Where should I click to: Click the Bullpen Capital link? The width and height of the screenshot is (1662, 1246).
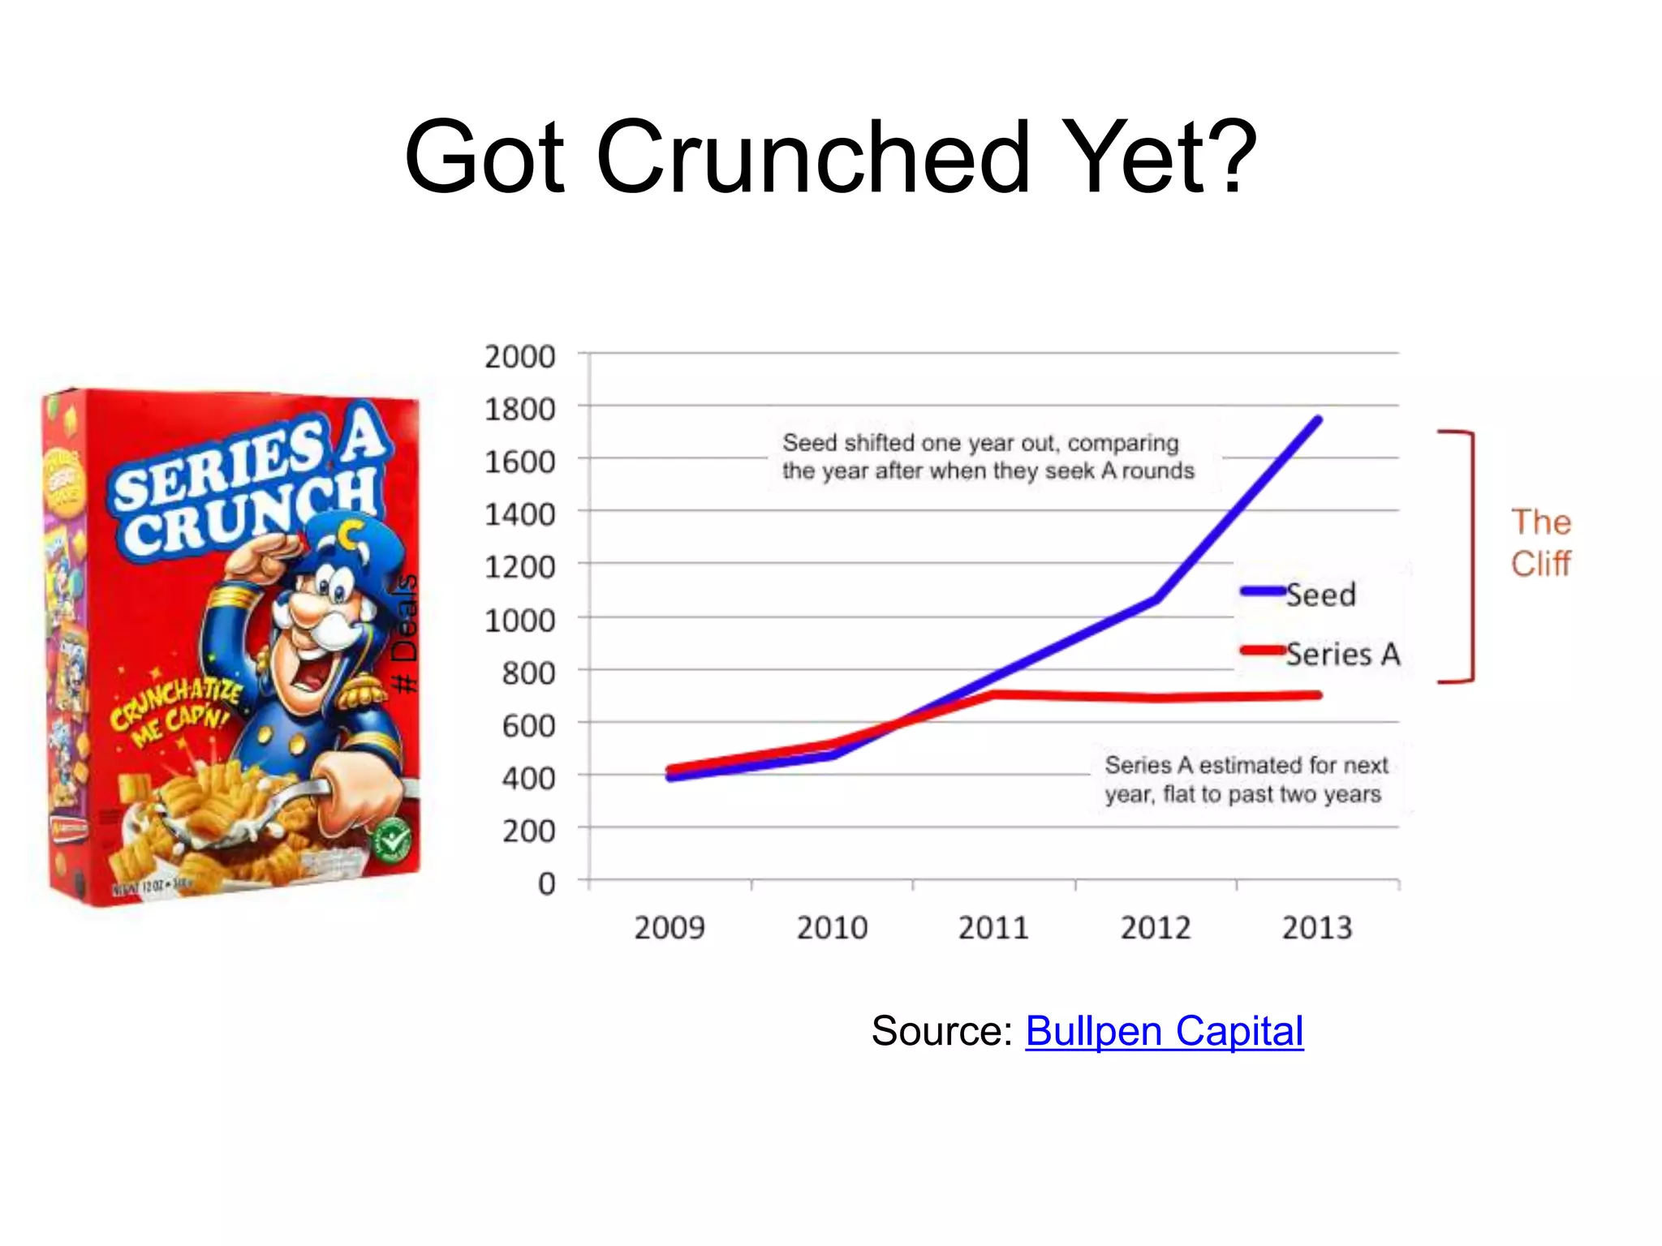(x=1164, y=1032)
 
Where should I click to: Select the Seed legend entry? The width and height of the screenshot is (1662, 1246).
(x=1298, y=595)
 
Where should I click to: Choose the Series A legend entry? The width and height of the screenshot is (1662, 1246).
(x=1321, y=654)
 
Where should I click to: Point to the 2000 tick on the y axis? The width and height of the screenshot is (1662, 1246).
(x=519, y=357)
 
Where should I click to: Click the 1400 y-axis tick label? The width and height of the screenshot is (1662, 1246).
(x=519, y=514)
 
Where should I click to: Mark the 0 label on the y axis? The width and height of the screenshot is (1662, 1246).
(x=547, y=883)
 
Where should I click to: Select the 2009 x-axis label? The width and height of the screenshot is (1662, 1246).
(x=670, y=927)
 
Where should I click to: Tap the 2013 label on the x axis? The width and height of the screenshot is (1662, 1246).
(x=1317, y=927)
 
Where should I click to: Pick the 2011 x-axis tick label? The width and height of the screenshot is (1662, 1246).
(x=993, y=927)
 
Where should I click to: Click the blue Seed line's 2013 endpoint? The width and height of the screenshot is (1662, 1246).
(x=1318, y=420)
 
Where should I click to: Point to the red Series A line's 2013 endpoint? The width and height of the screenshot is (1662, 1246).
(x=1318, y=695)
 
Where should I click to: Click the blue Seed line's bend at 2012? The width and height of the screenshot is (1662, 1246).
(x=1156, y=600)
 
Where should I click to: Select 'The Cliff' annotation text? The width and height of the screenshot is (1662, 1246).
(x=1540, y=543)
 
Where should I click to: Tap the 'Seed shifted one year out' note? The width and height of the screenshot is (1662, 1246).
(x=988, y=457)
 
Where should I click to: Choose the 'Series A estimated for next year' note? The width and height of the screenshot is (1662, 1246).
(x=1246, y=779)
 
